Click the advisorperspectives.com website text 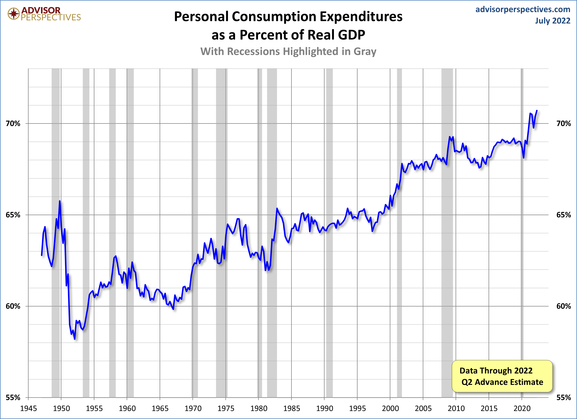point(523,9)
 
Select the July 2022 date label point(552,21)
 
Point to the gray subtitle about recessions point(288,51)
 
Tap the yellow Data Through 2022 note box point(502,376)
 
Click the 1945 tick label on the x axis point(29,409)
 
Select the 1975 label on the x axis point(226,409)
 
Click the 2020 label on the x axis point(522,409)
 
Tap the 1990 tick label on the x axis point(324,409)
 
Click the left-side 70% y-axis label point(13,124)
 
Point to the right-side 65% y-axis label point(564,215)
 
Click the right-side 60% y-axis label point(564,306)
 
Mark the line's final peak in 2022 point(537,111)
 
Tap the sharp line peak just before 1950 point(60,201)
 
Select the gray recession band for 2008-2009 point(447,229)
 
